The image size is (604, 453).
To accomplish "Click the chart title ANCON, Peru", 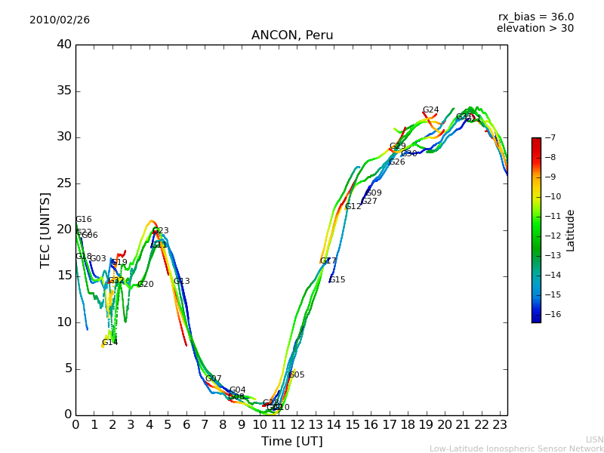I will pyautogui.click(x=292, y=35).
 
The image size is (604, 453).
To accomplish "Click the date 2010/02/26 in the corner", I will pyautogui.click(x=60, y=20).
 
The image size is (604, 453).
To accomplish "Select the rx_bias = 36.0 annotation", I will pyautogui.click(x=535, y=17).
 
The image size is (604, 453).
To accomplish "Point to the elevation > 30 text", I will pyautogui.click(x=535, y=29).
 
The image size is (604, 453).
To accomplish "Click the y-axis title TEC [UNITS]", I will pyautogui.click(x=45, y=230).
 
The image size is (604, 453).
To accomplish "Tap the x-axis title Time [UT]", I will pyautogui.click(x=291, y=442).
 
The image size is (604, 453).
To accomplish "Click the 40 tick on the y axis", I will pyautogui.click(x=63, y=45).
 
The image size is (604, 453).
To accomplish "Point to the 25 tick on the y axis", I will pyautogui.click(x=63, y=183).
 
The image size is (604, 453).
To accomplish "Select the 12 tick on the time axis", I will pyautogui.click(x=297, y=424).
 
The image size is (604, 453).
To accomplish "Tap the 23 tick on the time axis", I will pyautogui.click(x=500, y=424).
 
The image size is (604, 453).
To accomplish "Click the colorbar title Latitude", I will pyautogui.click(x=571, y=230).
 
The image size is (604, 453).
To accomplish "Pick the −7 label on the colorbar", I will pyautogui.click(x=549, y=138).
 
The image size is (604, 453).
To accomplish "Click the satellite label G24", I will pyautogui.click(x=430, y=110).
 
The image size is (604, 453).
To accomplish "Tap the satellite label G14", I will pyautogui.click(x=109, y=343).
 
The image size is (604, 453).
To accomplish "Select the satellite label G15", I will pyautogui.click(x=337, y=280).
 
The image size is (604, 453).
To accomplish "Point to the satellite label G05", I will pyautogui.click(x=297, y=375).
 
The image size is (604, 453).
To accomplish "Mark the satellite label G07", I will pyautogui.click(x=214, y=379).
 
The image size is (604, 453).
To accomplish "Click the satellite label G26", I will pyautogui.click(x=397, y=162).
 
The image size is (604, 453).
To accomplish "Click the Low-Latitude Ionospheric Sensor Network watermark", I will pyautogui.click(x=516, y=448).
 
